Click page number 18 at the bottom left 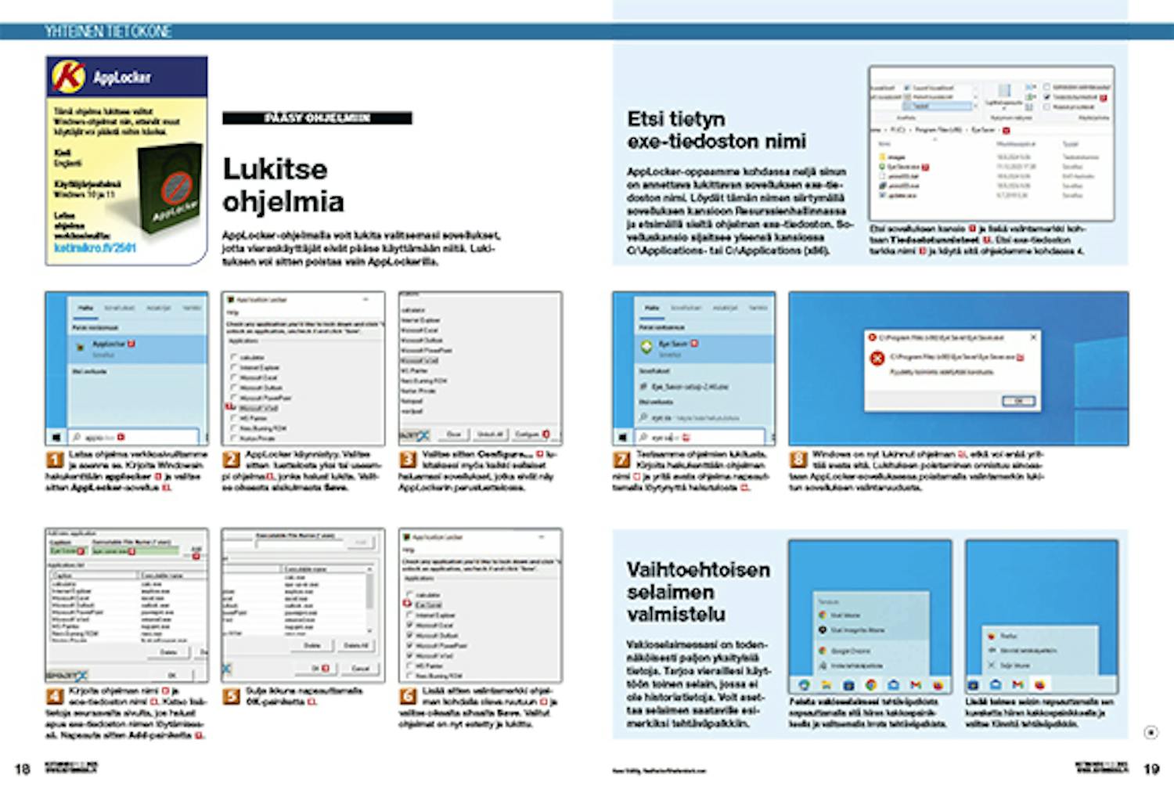[23, 769]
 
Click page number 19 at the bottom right [1151, 769]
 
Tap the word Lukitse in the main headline [275, 169]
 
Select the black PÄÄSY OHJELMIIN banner [317, 118]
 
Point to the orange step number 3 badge [408, 460]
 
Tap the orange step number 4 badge [55, 697]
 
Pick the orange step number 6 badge [408, 697]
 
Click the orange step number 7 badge [622, 460]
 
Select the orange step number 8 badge [798, 460]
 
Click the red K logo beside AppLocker [68, 77]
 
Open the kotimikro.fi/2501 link [95, 247]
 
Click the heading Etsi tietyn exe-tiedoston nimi [715, 130]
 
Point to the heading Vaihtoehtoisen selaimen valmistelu [697, 591]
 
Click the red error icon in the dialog [877, 359]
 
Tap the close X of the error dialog [1033, 337]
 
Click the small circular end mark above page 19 [1150, 733]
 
